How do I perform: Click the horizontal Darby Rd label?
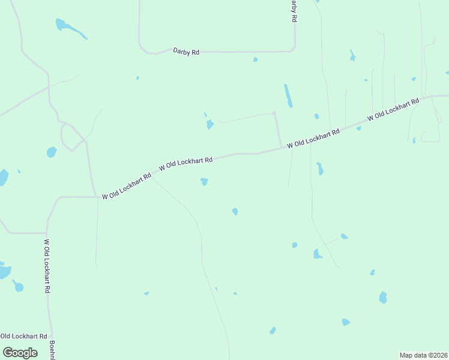[185, 52]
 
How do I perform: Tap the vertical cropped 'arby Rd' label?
[294, 11]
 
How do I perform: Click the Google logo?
[20, 352]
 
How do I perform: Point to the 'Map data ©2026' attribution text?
[423, 355]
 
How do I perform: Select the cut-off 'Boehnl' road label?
[52, 350]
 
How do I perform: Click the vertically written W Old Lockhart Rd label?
[47, 266]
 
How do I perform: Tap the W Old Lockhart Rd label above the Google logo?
[23, 336]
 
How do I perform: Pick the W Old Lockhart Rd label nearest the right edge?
[393, 110]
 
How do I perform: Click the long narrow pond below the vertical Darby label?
[289, 95]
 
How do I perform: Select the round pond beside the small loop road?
[52, 152]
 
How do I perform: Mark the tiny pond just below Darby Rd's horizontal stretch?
[255, 59]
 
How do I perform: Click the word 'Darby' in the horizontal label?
[182, 52]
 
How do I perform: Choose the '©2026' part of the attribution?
[436, 355]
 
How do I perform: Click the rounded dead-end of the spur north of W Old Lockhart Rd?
[274, 113]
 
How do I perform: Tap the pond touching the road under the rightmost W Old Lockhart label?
[358, 128]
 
